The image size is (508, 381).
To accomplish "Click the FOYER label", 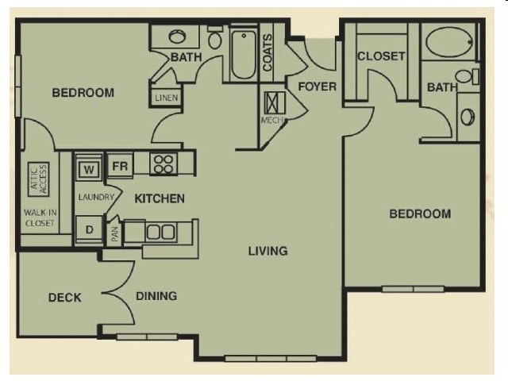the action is pyautogui.click(x=317, y=87).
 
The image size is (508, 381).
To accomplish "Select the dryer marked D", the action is pyautogui.click(x=89, y=229).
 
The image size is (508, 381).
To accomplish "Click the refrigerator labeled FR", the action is pyautogui.click(x=120, y=166).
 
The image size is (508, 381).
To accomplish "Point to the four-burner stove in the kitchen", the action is pyautogui.click(x=164, y=164).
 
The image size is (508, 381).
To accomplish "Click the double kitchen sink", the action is pyautogui.click(x=161, y=232).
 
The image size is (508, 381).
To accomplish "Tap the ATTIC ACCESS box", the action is pyautogui.click(x=39, y=179).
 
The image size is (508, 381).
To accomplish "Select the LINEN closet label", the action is pyautogui.click(x=167, y=98).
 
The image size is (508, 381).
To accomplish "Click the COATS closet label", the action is pyautogui.click(x=267, y=53).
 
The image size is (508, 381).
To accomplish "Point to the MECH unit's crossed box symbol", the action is pyautogui.click(x=275, y=103).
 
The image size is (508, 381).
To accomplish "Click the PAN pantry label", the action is pyautogui.click(x=114, y=234).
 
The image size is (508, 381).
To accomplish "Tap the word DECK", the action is pyautogui.click(x=65, y=298).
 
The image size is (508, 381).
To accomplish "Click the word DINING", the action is pyautogui.click(x=156, y=296).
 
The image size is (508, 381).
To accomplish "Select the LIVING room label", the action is pyautogui.click(x=268, y=251).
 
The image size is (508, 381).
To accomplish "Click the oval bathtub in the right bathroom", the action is pyautogui.click(x=448, y=42).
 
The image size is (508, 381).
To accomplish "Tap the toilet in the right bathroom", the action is pyautogui.click(x=467, y=76).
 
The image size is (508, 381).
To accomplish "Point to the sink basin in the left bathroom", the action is pyautogui.click(x=177, y=37).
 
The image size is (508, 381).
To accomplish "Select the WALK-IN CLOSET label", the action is pyautogui.click(x=40, y=218).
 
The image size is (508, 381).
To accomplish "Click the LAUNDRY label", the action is pyautogui.click(x=96, y=197).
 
